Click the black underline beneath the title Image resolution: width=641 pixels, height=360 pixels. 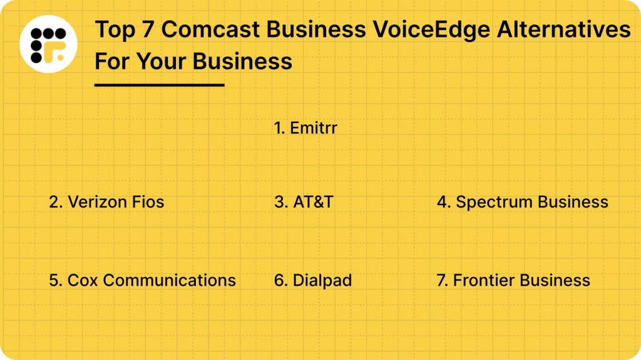pos(159,84)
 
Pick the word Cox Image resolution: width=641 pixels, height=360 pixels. pos(80,280)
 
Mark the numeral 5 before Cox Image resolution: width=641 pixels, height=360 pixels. pos(54,280)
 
